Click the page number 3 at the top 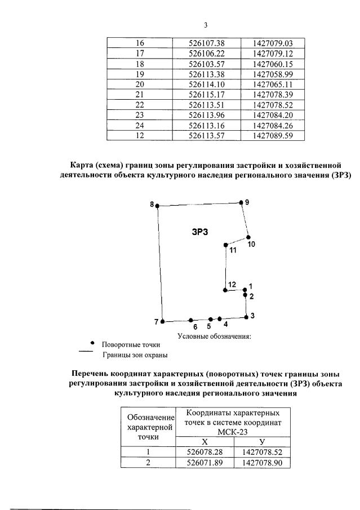[x=205, y=25]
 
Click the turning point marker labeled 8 [x=157, y=206]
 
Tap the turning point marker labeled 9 [x=241, y=202]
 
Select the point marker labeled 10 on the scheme [x=248, y=237]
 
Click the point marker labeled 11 [x=226, y=245]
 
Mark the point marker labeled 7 [x=162, y=321]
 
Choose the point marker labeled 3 [x=246, y=317]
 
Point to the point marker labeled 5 [x=210, y=319]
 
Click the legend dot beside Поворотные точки [x=92, y=342]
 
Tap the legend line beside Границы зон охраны [x=85, y=352]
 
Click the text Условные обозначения [x=214, y=336]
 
